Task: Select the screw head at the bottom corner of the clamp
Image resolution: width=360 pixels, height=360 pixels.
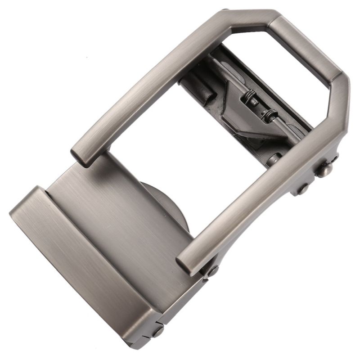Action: click(158, 332)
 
